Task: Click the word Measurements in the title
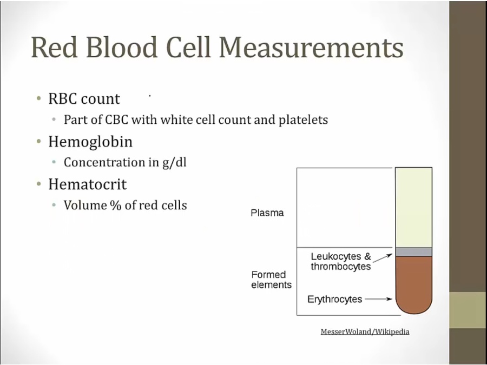pyautogui.click(x=311, y=47)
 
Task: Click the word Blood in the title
pyautogui.click(x=121, y=47)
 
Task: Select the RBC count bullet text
pyautogui.click(x=84, y=99)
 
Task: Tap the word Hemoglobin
pyautogui.click(x=90, y=142)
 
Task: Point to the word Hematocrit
pyautogui.click(x=87, y=184)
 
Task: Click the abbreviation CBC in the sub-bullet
pyautogui.click(x=117, y=120)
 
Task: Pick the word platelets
pyautogui.click(x=303, y=120)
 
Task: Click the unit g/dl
pyautogui.click(x=174, y=163)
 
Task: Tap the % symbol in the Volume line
pyautogui.click(x=115, y=205)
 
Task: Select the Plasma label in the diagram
pyautogui.click(x=267, y=213)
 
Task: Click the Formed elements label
pyautogui.click(x=272, y=280)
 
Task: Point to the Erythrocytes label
pyautogui.click(x=335, y=299)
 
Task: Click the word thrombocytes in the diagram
pyautogui.click(x=341, y=267)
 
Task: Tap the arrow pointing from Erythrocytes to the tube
pyautogui.click(x=379, y=299)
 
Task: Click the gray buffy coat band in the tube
pyautogui.click(x=414, y=252)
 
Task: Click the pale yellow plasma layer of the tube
pyautogui.click(x=414, y=208)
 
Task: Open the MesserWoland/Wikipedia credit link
pyautogui.click(x=365, y=332)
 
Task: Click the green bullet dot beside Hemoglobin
pyautogui.click(x=39, y=142)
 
